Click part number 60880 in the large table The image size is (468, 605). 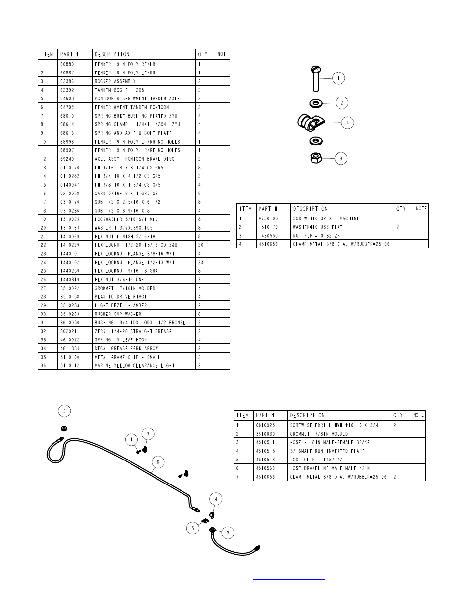click(x=67, y=64)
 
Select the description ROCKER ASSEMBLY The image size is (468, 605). click(x=115, y=81)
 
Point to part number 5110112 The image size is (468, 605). click(x=69, y=366)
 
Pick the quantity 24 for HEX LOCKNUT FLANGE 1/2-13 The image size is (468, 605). click(x=200, y=263)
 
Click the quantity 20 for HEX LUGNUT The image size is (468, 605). click(x=200, y=245)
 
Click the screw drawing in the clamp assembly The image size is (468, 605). click(x=316, y=79)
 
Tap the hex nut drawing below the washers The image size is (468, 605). click(x=315, y=158)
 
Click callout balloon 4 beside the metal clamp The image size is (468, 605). click(x=347, y=122)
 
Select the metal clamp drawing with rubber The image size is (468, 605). click(x=309, y=121)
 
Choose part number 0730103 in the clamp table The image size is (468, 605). click(x=268, y=218)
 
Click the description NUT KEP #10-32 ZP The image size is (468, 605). click(x=316, y=236)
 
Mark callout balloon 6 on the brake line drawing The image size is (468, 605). click(x=157, y=462)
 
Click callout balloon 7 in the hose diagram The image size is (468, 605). click(x=148, y=434)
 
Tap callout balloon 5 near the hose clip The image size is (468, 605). click(x=193, y=528)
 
